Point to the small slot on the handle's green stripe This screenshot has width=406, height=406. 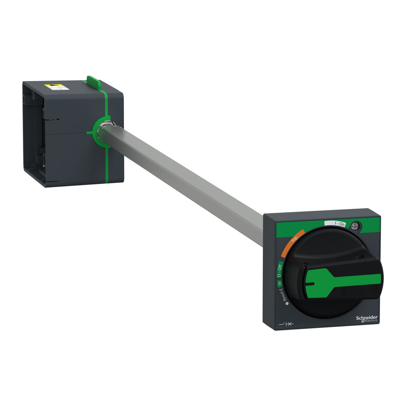click(311, 284)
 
